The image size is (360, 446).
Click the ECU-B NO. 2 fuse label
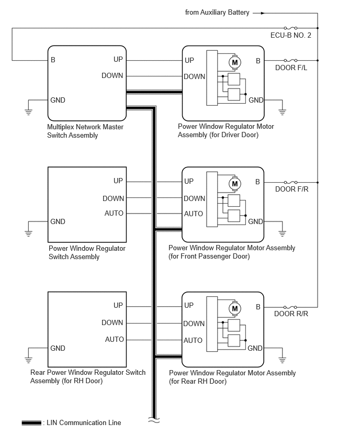[290, 35]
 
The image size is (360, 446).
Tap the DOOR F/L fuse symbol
[290, 60]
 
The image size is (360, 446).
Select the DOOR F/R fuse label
[291, 189]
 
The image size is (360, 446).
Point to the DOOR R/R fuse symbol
[290, 307]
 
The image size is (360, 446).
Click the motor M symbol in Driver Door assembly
[235, 62]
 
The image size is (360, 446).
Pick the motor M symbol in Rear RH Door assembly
[234, 309]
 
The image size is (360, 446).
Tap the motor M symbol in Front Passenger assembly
[234, 184]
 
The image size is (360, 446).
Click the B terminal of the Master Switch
[53, 60]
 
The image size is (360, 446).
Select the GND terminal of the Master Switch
[58, 100]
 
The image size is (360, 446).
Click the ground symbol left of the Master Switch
[28, 111]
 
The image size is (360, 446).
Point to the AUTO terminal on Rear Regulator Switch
[114, 339]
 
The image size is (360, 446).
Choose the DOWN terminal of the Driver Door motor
[194, 76]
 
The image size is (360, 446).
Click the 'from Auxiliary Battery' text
[217, 13]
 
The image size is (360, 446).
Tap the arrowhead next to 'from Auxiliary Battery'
[263, 13]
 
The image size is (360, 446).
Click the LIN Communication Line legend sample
[31, 423]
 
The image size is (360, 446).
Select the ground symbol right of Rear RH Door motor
[282, 360]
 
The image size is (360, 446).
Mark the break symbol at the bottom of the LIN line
[154, 420]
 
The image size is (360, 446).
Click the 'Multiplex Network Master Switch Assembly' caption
[85, 131]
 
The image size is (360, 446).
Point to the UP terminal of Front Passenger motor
[189, 181]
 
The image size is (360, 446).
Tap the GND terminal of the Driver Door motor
[256, 100]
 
